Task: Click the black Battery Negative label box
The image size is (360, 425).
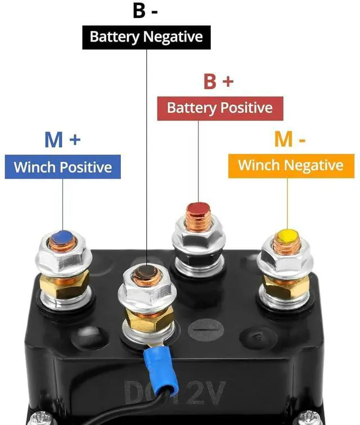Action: pyautogui.click(x=146, y=37)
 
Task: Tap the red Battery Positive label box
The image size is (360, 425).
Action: pyautogui.click(x=219, y=107)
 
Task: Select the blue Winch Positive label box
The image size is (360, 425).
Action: pyautogui.click(x=62, y=166)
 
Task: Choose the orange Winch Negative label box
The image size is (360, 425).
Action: pyautogui.click(x=290, y=165)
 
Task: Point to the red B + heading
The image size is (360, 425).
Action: pyautogui.click(x=218, y=82)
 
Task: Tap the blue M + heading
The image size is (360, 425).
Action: pyautogui.click(x=62, y=139)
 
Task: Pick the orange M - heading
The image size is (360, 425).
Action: pyautogui.click(x=290, y=139)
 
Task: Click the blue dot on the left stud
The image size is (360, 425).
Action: pyautogui.click(x=63, y=236)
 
